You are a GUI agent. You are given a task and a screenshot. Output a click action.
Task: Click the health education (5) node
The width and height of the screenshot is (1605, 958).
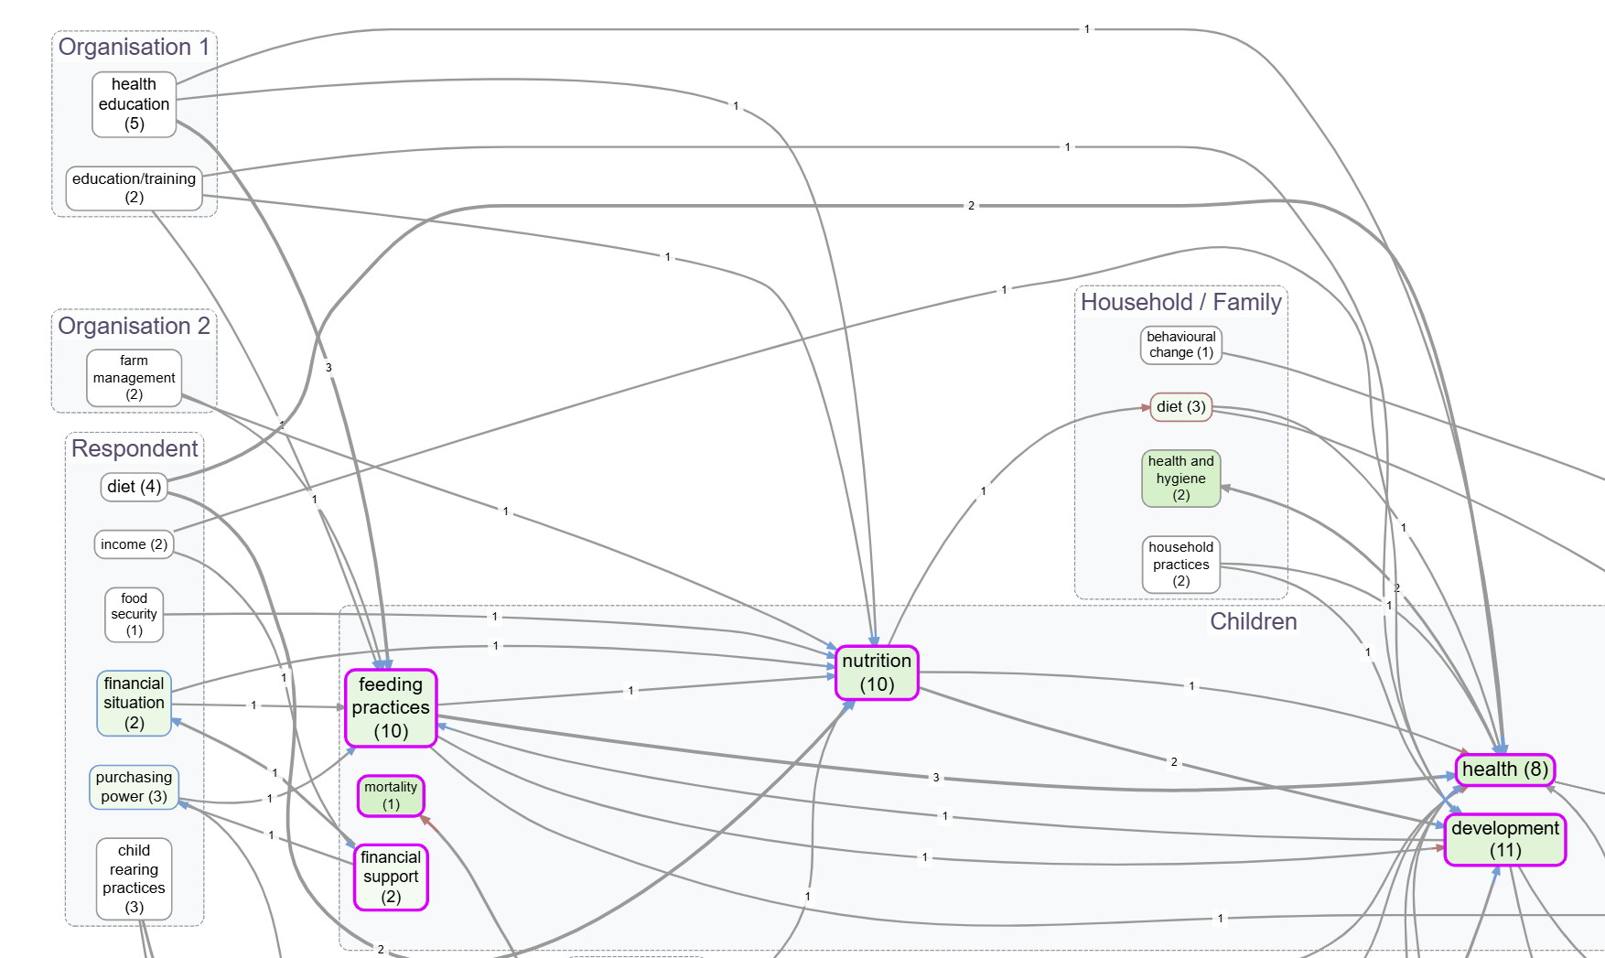[134, 104]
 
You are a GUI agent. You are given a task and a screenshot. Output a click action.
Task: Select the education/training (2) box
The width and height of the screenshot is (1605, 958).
[134, 188]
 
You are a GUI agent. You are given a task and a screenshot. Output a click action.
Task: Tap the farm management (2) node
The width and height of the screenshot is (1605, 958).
[134, 378]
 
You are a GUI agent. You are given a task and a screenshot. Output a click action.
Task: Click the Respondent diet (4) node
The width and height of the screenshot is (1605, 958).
[134, 487]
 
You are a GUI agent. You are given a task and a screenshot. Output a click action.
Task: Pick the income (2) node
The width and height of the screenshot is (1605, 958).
[134, 544]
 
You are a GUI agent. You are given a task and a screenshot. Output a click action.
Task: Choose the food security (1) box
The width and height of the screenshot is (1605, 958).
[134, 614]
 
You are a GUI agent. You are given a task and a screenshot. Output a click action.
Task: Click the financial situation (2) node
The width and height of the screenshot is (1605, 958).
[134, 703]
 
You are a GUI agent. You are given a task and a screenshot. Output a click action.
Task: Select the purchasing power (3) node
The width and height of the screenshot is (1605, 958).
[134, 787]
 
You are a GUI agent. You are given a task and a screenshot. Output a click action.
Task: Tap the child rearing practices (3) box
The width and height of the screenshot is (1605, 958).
[134, 878]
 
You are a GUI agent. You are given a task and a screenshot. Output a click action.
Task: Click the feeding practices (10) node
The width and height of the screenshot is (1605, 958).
[391, 707]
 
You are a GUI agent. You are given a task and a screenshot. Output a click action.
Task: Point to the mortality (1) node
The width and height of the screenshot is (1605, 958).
[391, 795]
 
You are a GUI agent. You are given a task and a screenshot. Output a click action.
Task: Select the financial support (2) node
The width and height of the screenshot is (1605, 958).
[391, 877]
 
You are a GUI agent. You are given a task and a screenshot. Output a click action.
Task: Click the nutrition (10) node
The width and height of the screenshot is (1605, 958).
[877, 673]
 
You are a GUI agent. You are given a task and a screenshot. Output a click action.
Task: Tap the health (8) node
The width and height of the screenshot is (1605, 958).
[1504, 770]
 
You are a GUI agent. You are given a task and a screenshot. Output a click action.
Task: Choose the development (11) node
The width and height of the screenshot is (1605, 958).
[1504, 839]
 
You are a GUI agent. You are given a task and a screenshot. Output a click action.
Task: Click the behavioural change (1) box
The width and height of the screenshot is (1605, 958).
[1180, 345]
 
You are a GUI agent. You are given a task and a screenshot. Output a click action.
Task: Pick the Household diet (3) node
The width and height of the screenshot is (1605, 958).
[1180, 407]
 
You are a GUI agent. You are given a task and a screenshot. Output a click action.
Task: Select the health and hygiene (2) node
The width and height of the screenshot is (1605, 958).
[1180, 478]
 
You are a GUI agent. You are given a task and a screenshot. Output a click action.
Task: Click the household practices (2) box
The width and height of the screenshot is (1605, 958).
[1180, 564]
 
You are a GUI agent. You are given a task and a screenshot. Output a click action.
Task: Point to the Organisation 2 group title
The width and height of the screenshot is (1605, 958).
[134, 327]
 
